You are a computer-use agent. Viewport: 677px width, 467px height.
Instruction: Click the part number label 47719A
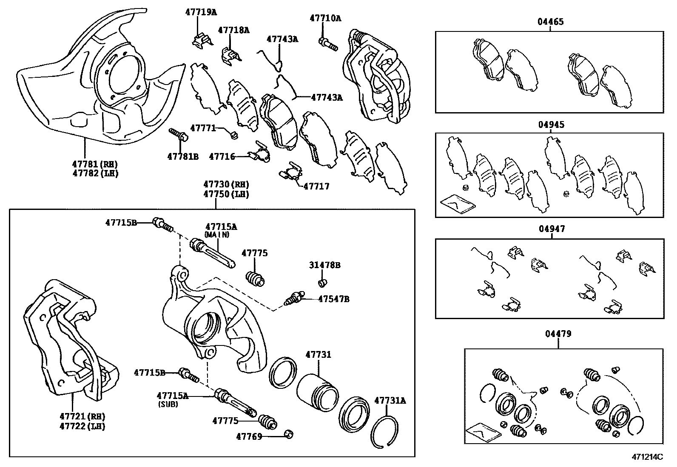[201, 12]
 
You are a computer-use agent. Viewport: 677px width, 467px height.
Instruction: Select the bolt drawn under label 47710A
[327, 44]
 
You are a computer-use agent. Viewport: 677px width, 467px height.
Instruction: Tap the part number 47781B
[183, 156]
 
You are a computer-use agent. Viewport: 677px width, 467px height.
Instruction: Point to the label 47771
[203, 128]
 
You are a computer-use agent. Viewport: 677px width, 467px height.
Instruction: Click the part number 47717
[316, 186]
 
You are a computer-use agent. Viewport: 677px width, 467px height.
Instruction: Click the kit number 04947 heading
[552, 229]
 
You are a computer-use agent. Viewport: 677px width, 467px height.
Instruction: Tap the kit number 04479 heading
[558, 334]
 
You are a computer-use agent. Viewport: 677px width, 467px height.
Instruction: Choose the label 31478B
[324, 265]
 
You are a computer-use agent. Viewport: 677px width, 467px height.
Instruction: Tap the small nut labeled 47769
[289, 434]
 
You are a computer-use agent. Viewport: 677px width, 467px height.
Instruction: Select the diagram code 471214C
[647, 457]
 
